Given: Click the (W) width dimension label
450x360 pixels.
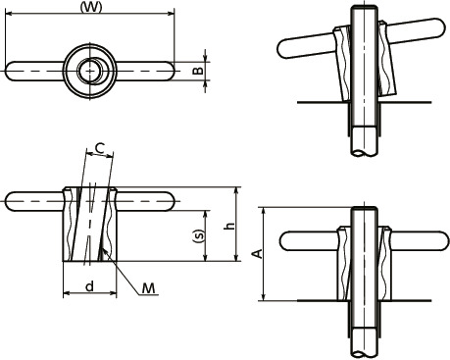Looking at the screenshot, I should [89, 7].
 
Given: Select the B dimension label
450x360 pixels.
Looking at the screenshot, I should [197, 71].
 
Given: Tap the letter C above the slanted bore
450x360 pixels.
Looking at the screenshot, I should [100, 149].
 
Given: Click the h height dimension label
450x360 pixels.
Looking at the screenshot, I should [228, 226].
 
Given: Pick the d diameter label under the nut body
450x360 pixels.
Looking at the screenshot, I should [89, 286].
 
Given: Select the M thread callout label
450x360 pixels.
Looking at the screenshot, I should [148, 287].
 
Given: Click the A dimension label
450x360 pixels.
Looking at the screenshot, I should [257, 253].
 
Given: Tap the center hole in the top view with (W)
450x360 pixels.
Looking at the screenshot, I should [90, 70].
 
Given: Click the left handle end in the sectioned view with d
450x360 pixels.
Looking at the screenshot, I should [12, 204].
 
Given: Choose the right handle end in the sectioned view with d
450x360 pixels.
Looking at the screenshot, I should [168, 204].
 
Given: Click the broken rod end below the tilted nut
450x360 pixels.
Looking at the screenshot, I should [363, 147].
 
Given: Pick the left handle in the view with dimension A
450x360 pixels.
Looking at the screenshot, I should [294, 240].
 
